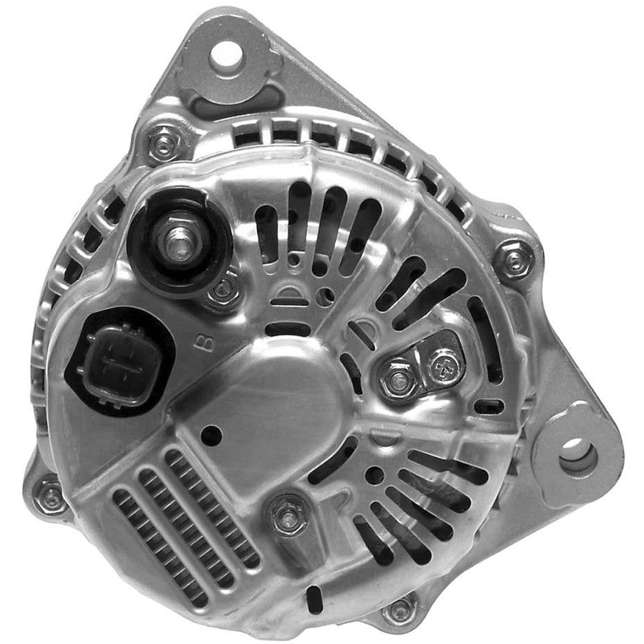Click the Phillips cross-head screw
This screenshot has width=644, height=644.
point(445,366)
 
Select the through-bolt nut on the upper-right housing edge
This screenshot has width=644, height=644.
point(514,260)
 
